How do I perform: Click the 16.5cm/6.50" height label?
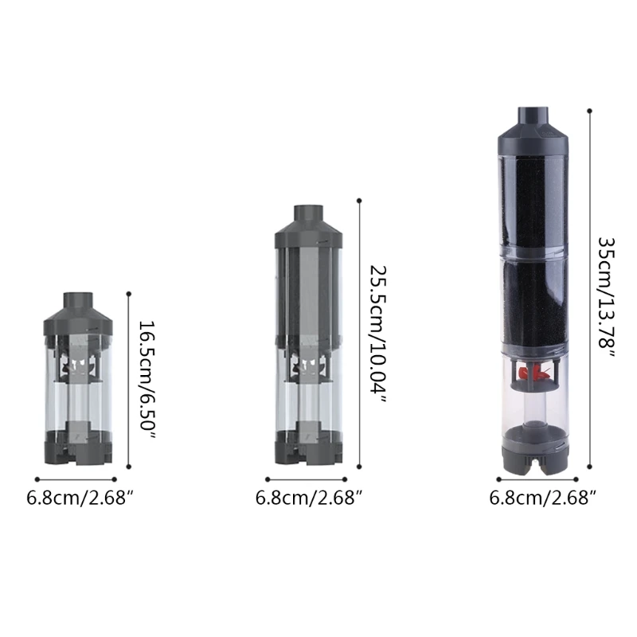click(x=146, y=375)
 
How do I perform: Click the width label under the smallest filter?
click(x=80, y=498)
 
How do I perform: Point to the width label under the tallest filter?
click(x=543, y=498)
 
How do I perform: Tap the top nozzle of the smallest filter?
click(x=80, y=300)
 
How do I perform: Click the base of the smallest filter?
click(x=80, y=450)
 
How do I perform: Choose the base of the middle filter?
click(x=309, y=450)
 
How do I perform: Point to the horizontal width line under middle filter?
click(x=307, y=479)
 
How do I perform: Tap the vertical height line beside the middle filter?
click(x=359, y=334)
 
